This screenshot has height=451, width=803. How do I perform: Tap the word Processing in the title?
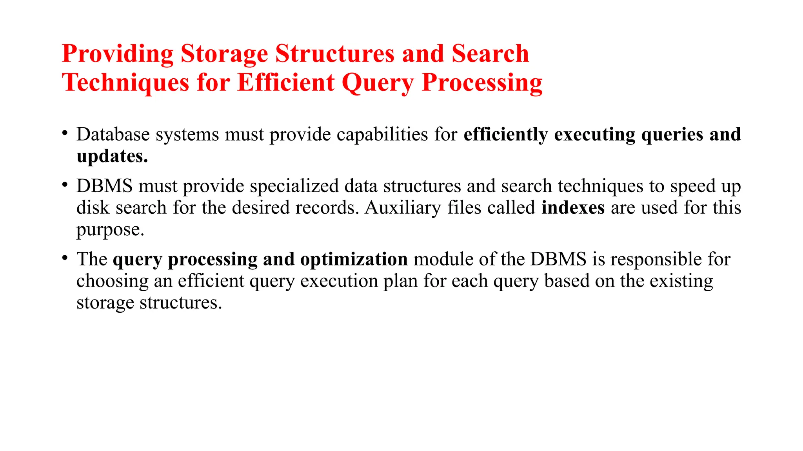point(482,83)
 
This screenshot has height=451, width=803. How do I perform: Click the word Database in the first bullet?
point(113,135)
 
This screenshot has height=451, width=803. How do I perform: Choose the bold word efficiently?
point(506,135)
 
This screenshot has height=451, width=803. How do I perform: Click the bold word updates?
point(112,156)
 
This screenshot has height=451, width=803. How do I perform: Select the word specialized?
point(294,186)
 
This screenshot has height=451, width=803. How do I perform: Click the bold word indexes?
point(573,207)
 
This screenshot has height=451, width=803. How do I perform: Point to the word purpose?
point(110,230)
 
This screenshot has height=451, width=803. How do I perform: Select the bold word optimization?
point(354,260)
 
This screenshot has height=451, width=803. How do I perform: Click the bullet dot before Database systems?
point(65,132)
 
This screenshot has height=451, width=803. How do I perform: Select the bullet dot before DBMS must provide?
point(65,184)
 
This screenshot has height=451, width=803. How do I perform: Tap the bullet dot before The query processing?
point(65,257)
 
